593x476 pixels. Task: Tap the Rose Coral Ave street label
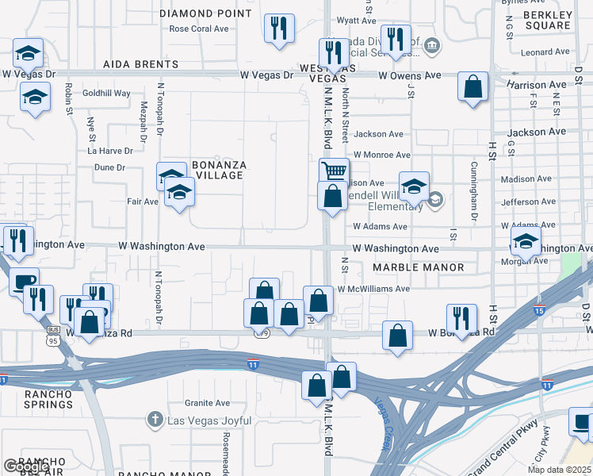click(199, 29)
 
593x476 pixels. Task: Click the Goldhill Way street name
click(106, 93)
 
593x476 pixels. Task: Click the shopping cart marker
click(335, 170)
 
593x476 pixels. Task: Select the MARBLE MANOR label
click(419, 267)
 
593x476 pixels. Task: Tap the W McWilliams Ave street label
click(373, 290)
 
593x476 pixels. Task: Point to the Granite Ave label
click(207, 403)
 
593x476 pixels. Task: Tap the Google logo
click(25, 466)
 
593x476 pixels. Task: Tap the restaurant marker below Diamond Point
click(278, 28)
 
